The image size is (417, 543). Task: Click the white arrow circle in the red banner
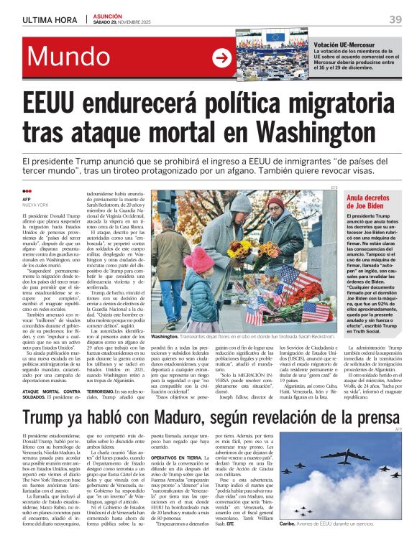(222, 59)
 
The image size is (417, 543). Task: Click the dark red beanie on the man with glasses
(274, 203)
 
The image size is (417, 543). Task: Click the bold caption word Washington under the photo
(165, 335)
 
